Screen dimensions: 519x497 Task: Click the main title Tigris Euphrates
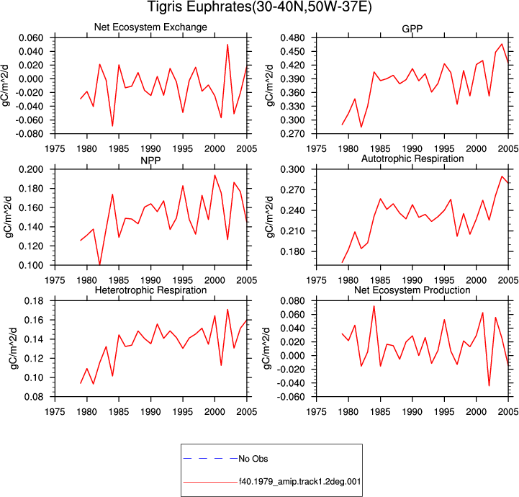(x=198, y=7)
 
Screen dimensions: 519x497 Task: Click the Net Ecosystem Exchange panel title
(x=150, y=27)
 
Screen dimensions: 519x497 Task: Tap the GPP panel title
(x=412, y=29)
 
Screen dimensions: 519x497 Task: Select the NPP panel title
(x=150, y=161)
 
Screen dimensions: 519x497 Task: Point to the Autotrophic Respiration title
(x=412, y=158)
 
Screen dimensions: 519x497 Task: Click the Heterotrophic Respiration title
(x=150, y=290)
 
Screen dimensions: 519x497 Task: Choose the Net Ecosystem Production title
(x=412, y=290)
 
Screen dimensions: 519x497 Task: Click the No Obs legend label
(x=253, y=459)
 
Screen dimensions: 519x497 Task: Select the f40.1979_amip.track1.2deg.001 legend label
(x=300, y=481)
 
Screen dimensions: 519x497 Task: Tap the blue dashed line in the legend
(x=210, y=459)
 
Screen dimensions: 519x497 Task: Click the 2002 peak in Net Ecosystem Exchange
(x=227, y=45)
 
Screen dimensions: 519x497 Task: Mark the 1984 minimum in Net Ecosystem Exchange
(x=112, y=126)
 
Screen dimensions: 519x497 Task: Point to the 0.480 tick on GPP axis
(x=293, y=38)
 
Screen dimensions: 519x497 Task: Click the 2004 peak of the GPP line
(x=502, y=44)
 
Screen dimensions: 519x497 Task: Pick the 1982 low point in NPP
(x=99, y=265)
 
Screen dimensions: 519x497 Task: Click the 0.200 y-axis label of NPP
(x=31, y=169)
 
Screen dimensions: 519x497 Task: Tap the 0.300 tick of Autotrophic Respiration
(x=293, y=169)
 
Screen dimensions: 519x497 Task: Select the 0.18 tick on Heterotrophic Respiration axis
(x=34, y=301)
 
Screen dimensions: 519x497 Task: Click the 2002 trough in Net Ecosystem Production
(x=489, y=386)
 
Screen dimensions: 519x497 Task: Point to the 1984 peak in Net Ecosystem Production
(x=374, y=305)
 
